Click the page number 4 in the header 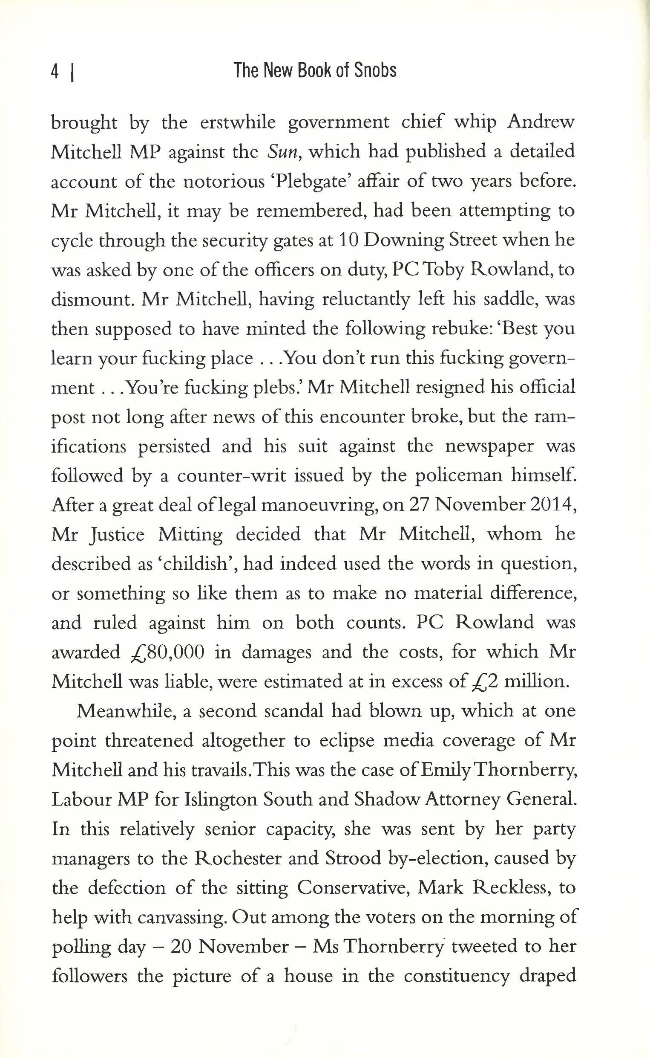55,71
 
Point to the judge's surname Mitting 190,535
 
